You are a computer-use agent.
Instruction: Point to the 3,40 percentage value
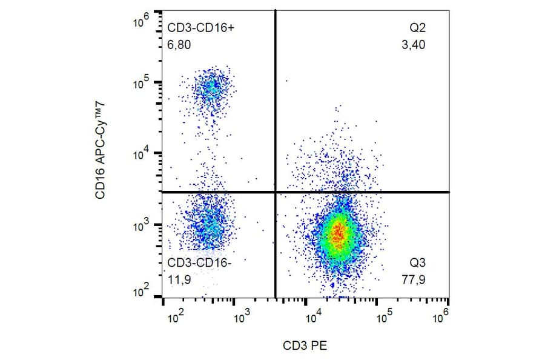[x=414, y=44]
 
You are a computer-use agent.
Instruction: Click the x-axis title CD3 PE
[x=306, y=345]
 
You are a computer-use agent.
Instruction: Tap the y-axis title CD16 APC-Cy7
[x=101, y=160]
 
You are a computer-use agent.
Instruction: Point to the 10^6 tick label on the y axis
[x=141, y=23]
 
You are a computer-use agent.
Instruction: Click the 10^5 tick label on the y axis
[x=141, y=83]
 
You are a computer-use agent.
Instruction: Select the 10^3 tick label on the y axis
[x=141, y=225]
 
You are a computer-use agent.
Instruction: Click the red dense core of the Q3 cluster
[x=338, y=233]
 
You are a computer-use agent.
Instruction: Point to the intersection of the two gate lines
[x=276, y=192]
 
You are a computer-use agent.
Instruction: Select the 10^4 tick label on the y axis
[x=141, y=154]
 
